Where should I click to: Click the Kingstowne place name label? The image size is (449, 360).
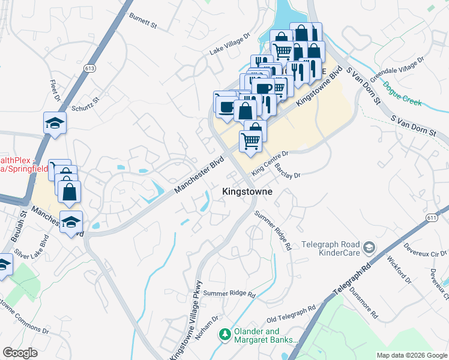(x=247, y=191)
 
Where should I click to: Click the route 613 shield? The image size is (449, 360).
(x=90, y=68)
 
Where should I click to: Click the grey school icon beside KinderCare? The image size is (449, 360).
(x=369, y=247)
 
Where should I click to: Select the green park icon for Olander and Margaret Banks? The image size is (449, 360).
(x=224, y=334)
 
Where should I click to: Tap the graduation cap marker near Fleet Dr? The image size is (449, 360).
(x=55, y=122)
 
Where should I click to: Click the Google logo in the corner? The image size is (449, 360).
(x=20, y=353)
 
